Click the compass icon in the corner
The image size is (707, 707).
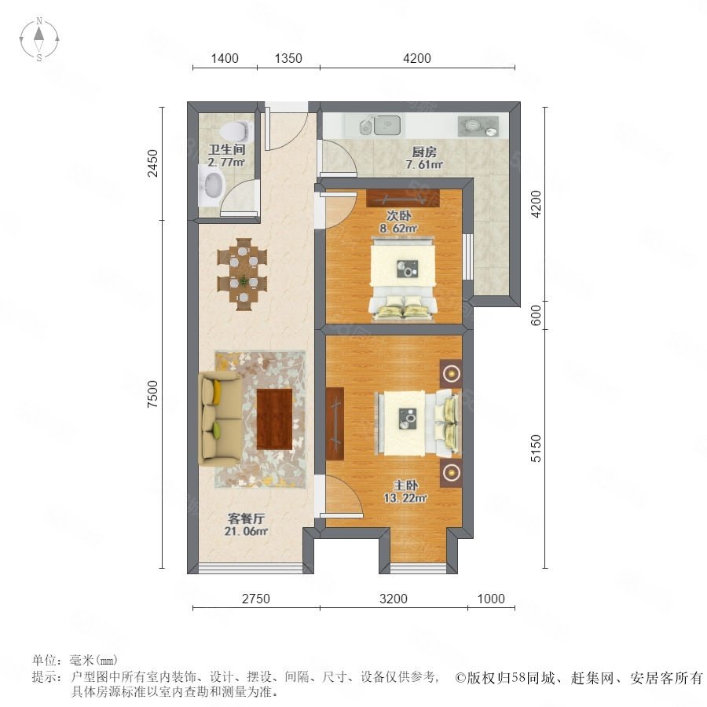(39, 39)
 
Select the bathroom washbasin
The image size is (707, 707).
(211, 185)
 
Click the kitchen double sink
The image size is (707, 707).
(380, 125)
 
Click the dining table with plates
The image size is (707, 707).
(243, 274)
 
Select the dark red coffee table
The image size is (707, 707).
(274, 419)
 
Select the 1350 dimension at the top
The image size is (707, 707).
(288, 58)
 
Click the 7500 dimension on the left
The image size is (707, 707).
(153, 394)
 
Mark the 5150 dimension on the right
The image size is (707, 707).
(536, 449)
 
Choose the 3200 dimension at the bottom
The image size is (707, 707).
(394, 599)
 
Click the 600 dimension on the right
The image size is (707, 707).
(536, 315)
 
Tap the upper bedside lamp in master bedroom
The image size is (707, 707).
(451, 373)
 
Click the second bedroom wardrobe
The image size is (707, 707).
(403, 197)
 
